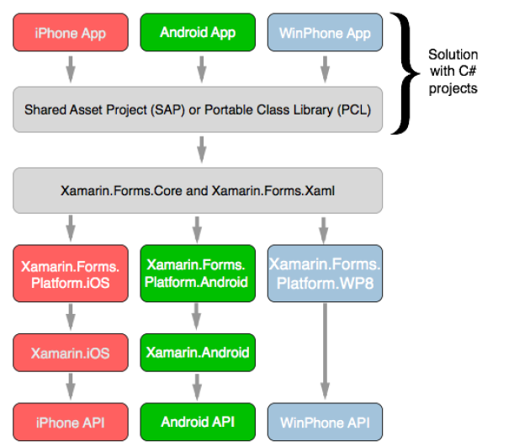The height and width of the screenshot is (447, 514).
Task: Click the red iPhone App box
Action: [x=71, y=33]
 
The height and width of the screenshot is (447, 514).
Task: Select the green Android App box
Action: [x=198, y=33]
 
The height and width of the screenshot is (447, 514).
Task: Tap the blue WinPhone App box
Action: [x=325, y=33]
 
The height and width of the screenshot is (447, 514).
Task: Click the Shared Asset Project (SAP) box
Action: [x=198, y=109]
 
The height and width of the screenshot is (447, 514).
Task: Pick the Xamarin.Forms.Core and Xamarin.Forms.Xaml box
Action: [x=198, y=190]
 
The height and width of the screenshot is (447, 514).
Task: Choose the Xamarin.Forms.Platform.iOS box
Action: [x=71, y=274]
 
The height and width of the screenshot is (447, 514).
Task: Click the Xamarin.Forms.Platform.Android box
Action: [x=198, y=274]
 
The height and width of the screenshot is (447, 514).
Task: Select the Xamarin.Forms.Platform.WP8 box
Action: [x=325, y=274]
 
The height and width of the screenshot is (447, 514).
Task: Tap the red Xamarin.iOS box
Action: [x=71, y=353]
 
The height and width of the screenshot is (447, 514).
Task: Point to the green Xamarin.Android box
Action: [x=198, y=353]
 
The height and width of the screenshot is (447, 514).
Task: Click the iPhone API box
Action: [x=71, y=422]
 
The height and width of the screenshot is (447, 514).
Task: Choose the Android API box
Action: [x=198, y=422]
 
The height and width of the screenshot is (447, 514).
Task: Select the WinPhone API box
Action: [x=325, y=422]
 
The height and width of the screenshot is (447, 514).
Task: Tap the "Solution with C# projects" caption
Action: [x=453, y=72]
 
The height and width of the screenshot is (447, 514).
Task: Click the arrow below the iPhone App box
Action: [x=71, y=69]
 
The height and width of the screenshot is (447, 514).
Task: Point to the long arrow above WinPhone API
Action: [x=325, y=351]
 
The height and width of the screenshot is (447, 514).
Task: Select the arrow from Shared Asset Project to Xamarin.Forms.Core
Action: [x=202, y=150]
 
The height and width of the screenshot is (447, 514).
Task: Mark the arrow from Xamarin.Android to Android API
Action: [x=197, y=387]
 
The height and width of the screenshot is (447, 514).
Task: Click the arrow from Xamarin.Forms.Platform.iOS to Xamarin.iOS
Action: [x=71, y=317]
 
